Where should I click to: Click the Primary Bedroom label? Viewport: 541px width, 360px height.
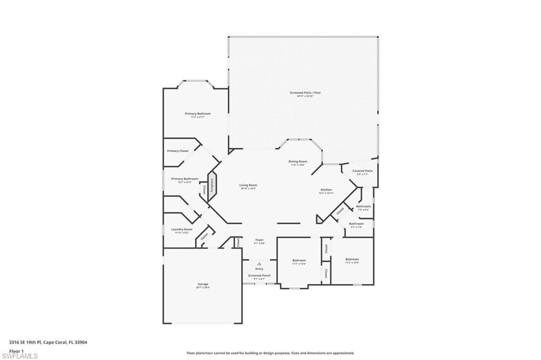coord(198,114)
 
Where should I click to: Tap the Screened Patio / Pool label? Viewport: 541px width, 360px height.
coord(305,93)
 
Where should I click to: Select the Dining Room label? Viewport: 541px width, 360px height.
coord(298,162)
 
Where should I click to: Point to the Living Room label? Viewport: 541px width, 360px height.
coord(248,185)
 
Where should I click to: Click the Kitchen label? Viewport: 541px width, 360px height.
coord(327,190)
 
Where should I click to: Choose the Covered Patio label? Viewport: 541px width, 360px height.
coord(362,171)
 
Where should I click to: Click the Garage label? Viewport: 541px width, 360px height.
coord(203,284)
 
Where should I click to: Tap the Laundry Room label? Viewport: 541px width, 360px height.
coord(181,230)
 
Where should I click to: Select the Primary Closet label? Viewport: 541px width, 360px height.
coord(178,151)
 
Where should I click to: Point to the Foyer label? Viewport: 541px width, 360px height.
coord(259,240)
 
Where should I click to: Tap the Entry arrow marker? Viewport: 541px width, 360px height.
coord(259,263)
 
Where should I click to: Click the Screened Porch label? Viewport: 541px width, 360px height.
coord(259,276)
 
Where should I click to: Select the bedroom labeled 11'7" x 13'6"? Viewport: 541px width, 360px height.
coord(299,260)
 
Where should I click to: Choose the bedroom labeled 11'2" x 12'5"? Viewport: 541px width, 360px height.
coord(352,259)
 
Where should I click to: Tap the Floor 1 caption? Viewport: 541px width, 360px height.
coord(16,350)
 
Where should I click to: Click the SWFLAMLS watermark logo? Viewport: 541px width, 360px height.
coord(20,356)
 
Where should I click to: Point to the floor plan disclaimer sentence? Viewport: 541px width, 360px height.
coord(270,353)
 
